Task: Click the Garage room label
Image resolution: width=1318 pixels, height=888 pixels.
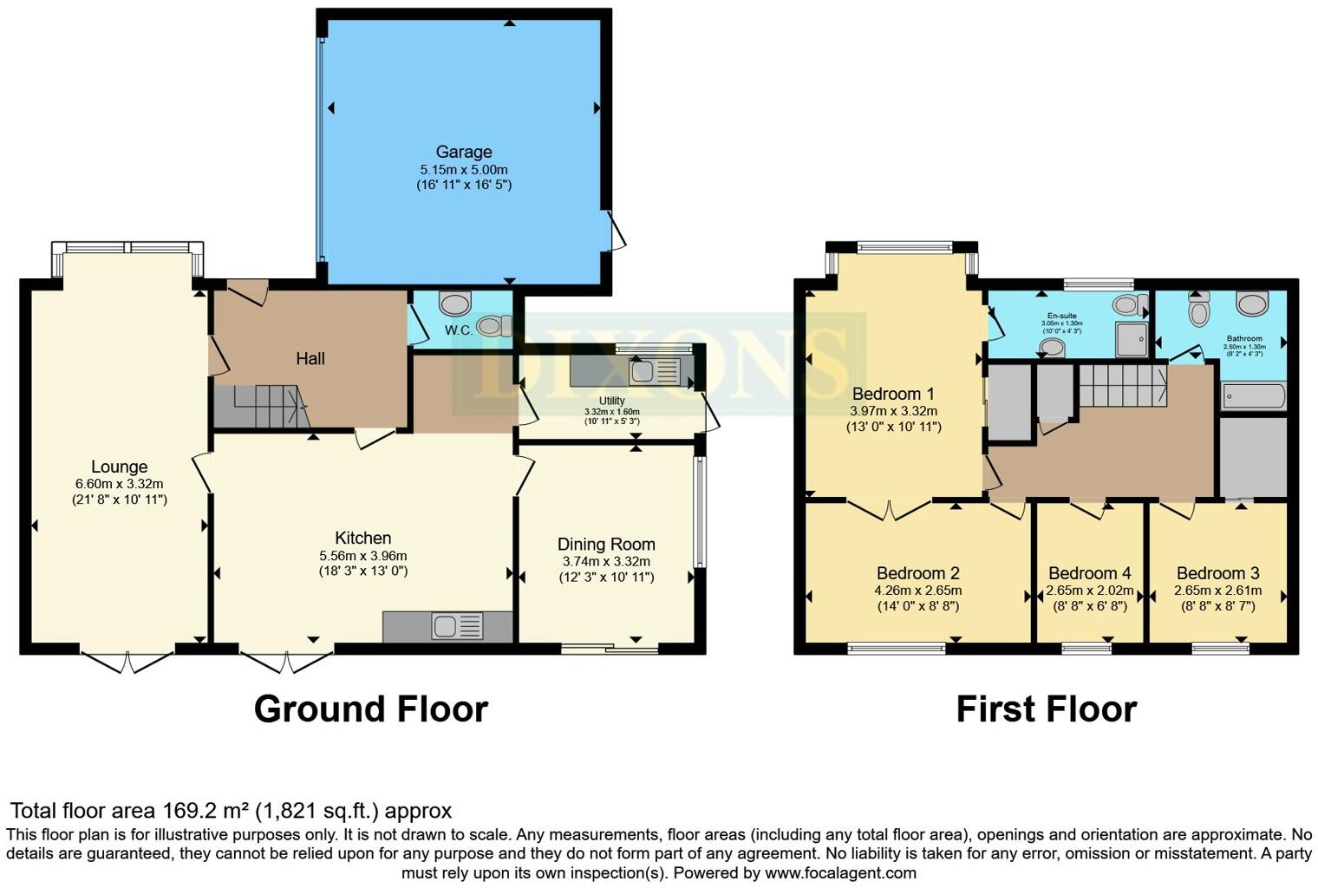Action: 464,153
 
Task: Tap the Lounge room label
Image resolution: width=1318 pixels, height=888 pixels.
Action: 119,467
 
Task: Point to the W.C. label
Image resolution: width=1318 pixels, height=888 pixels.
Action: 459,330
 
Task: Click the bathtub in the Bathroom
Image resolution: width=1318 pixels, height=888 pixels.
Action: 1253,396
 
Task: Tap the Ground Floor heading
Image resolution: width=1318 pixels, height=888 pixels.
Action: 370,709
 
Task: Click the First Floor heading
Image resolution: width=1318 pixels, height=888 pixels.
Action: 1046,709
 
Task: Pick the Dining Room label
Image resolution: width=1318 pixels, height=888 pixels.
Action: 606,545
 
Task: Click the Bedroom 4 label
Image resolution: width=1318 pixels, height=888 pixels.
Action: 1089,573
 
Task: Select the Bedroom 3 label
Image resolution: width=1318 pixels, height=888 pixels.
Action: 1217,573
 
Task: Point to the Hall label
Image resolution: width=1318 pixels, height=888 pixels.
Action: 310,358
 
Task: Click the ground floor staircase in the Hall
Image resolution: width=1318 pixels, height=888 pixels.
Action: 261,407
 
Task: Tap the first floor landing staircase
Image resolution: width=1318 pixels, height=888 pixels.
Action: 1122,385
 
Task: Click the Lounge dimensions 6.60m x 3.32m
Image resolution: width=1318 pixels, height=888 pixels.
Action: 119,484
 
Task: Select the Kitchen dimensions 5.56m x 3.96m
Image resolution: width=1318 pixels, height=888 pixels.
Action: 362,556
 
